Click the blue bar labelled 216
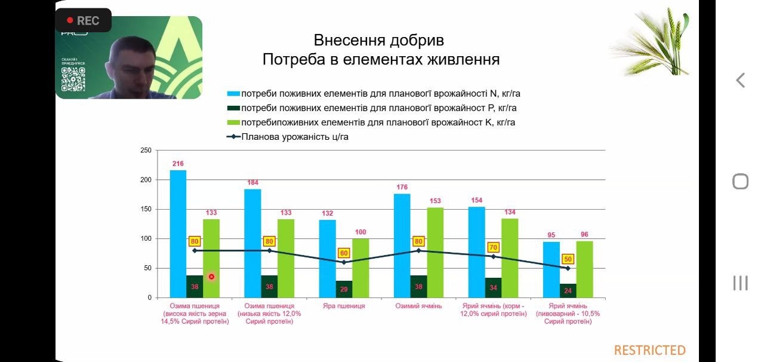click(x=178, y=233)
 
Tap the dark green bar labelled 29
click(x=344, y=289)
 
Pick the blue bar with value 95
click(x=551, y=269)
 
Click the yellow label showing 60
click(x=344, y=253)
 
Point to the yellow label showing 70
click(x=493, y=247)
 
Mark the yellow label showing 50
click(x=568, y=259)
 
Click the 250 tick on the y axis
click(x=146, y=151)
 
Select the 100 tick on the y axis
click(x=146, y=239)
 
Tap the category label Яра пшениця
click(x=343, y=306)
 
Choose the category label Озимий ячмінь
click(x=418, y=306)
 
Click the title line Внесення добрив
click(x=379, y=41)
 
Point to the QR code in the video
click(x=73, y=79)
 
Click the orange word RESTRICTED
click(x=650, y=350)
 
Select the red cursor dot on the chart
click(x=211, y=277)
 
